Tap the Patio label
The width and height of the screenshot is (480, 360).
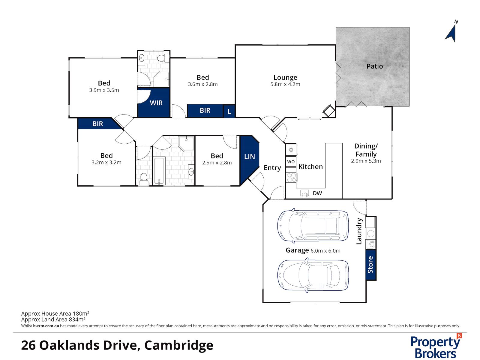click(x=374, y=66)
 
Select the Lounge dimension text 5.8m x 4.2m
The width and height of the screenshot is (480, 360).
click(x=285, y=84)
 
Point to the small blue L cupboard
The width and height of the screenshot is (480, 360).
click(x=229, y=112)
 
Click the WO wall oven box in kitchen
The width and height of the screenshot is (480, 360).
click(x=291, y=162)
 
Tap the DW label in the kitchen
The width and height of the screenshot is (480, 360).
click(x=317, y=193)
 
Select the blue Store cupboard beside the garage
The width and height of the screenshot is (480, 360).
click(x=371, y=265)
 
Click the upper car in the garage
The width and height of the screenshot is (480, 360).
click(x=313, y=226)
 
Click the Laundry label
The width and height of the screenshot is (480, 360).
click(x=359, y=231)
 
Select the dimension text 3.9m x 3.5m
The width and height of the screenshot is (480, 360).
click(x=104, y=90)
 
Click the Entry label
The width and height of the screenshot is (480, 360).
click(x=272, y=168)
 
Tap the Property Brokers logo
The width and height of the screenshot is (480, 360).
click(x=435, y=346)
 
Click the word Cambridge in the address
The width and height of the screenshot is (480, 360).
click(x=179, y=345)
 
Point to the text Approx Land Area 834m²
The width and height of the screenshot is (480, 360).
click(x=53, y=319)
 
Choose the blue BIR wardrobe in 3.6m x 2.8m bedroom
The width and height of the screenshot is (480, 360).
click(x=205, y=111)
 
